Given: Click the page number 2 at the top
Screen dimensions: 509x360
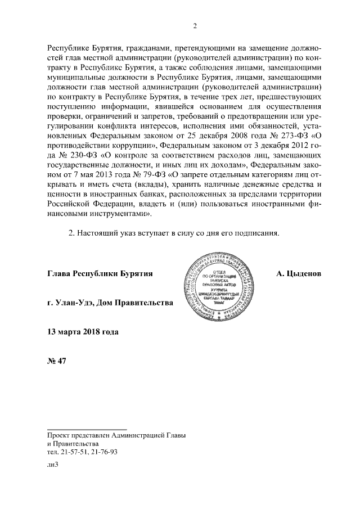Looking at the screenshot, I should [x=194, y=25].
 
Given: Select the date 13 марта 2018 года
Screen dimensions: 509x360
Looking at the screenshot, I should [x=83, y=332].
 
